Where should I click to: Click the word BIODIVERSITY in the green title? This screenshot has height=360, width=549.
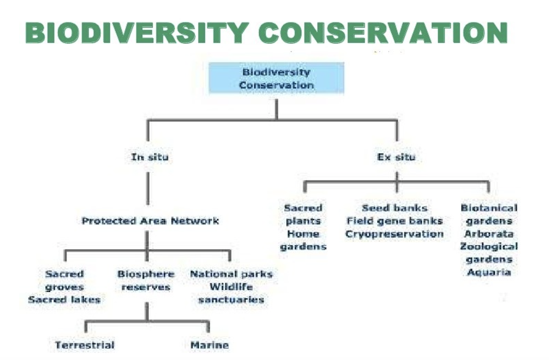pyautogui.click(x=137, y=33)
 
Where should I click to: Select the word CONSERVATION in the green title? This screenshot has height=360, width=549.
pyautogui.click(x=383, y=33)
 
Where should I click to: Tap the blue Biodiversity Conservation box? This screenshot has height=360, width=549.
pyautogui.click(x=277, y=78)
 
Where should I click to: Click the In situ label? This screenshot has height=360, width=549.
pyautogui.click(x=150, y=157)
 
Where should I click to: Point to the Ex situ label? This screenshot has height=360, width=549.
pyautogui.click(x=396, y=157)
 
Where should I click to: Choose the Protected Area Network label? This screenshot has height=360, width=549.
pyautogui.click(x=150, y=221)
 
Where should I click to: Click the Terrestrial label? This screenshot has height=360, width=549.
pyautogui.click(x=85, y=345)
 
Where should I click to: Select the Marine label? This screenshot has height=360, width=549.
pyautogui.click(x=210, y=345)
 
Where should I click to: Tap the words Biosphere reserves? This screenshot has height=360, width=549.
pyautogui.click(x=146, y=280)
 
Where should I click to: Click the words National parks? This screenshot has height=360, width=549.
pyautogui.click(x=231, y=274)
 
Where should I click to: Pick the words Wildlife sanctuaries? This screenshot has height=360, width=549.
pyautogui.click(x=231, y=293)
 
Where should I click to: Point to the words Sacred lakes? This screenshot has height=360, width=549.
pyautogui.click(x=64, y=299)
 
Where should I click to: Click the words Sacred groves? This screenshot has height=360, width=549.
pyautogui.click(x=64, y=280)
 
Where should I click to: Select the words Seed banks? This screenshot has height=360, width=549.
pyautogui.click(x=395, y=208)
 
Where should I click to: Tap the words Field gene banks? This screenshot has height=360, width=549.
pyautogui.click(x=395, y=221)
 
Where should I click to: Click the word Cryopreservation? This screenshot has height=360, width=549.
pyautogui.click(x=395, y=234)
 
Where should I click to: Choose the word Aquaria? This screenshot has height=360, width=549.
pyautogui.click(x=489, y=272)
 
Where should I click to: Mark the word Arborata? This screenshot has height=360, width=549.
pyautogui.click(x=489, y=234)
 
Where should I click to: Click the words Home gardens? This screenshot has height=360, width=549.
pyautogui.click(x=303, y=240)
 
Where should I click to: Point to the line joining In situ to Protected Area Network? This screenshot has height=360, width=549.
pyautogui.click(x=148, y=188)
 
